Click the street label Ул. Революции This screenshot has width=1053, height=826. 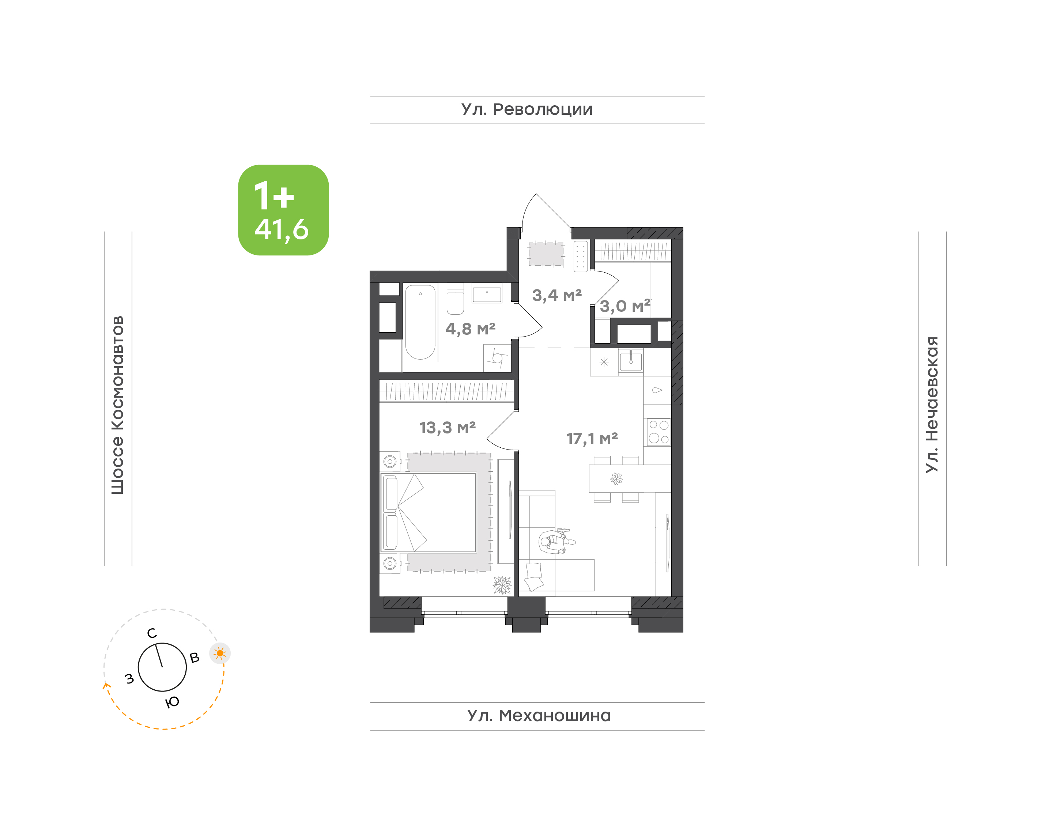click(527, 110)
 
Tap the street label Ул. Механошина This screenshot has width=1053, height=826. click(539, 715)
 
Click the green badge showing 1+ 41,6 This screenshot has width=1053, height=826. click(283, 210)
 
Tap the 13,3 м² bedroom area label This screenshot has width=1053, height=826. click(448, 428)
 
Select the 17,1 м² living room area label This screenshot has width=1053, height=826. click(592, 439)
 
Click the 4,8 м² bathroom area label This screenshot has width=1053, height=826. click(470, 329)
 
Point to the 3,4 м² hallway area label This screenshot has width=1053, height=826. click(557, 295)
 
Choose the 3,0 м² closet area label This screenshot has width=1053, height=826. click(625, 306)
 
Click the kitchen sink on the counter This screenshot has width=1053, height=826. click(631, 361)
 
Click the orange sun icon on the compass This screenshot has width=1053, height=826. click(220, 653)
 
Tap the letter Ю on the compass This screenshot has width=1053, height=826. click(173, 702)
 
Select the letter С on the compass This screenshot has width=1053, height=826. click(152, 633)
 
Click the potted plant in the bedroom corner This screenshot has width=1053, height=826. click(502, 585)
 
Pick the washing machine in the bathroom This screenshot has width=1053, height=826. click(497, 358)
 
